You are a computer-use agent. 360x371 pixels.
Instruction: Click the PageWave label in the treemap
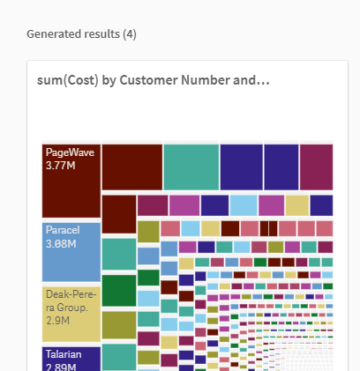pos(70,152)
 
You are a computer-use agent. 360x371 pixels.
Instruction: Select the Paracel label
pos(63,230)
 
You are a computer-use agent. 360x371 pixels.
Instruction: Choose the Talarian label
pos(64,353)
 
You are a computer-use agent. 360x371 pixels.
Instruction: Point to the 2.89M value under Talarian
pos(63,365)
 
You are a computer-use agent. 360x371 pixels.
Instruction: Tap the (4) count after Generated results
pos(129,34)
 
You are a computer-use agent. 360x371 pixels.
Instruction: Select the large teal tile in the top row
pos(191,167)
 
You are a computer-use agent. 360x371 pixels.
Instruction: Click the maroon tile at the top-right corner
pos(316,167)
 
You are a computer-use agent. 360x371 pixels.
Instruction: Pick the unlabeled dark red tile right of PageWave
pos(131,167)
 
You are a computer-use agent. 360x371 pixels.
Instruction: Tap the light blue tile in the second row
pos(243,205)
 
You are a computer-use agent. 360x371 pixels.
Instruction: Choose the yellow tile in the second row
pos(296,205)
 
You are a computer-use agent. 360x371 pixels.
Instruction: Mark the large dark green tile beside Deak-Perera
pos(118,290)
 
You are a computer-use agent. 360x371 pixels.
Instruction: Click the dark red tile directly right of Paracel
pos(118,214)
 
